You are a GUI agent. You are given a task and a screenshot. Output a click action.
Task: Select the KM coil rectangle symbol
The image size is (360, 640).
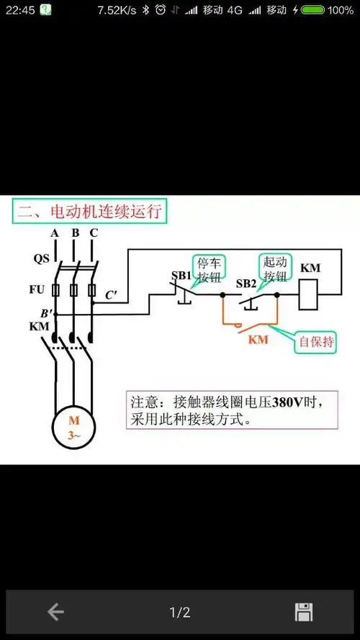tap(310, 294)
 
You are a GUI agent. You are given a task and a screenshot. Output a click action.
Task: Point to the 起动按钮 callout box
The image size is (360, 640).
tap(275, 268)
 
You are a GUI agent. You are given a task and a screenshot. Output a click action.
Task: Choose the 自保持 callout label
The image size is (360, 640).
tap(316, 343)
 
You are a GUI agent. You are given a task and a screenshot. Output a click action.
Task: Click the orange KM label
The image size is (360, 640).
tap(258, 339)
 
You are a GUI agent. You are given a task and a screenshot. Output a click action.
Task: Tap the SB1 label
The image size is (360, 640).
tap(181, 276)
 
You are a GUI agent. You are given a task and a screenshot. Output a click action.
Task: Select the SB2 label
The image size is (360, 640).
tap(246, 283)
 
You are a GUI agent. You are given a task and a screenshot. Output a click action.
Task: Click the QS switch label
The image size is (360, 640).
tap(42, 258)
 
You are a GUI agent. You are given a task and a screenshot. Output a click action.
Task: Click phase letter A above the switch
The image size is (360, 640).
tap(55, 233)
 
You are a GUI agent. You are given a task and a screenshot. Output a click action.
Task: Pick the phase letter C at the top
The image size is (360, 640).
tap(94, 233)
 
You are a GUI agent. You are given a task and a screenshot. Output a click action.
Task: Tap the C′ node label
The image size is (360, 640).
tap(112, 294)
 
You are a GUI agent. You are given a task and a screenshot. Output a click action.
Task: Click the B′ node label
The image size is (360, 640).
tap(45, 313)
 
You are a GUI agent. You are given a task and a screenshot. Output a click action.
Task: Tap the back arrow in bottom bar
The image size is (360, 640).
tap(55, 613)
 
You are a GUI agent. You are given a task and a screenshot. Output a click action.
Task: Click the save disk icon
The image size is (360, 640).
tap(304, 613)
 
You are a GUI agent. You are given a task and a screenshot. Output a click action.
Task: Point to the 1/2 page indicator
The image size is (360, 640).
tap(180, 613)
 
